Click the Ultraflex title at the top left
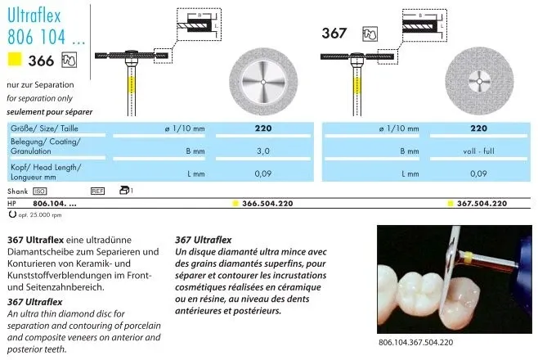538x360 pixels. click(x=34, y=16)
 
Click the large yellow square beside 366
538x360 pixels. click(x=15, y=59)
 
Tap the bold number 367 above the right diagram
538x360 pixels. click(x=334, y=34)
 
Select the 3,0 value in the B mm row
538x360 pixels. click(x=263, y=151)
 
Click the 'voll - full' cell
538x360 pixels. click(x=478, y=151)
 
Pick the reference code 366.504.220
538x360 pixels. click(x=267, y=204)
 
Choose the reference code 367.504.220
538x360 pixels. click(x=482, y=204)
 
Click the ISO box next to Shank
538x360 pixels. click(x=40, y=191)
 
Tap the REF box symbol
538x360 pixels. click(x=98, y=191)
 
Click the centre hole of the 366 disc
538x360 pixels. click(x=263, y=82)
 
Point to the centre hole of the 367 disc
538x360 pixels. click(x=479, y=81)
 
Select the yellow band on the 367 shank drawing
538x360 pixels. click(x=357, y=86)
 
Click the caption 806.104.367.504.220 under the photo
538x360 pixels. click(x=415, y=342)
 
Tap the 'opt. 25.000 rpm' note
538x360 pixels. click(x=40, y=215)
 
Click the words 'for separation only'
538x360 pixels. click(x=39, y=98)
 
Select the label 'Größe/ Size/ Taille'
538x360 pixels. click(x=44, y=128)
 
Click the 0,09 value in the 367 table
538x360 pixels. click(x=478, y=173)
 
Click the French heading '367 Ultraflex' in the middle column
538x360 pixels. click(x=203, y=240)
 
